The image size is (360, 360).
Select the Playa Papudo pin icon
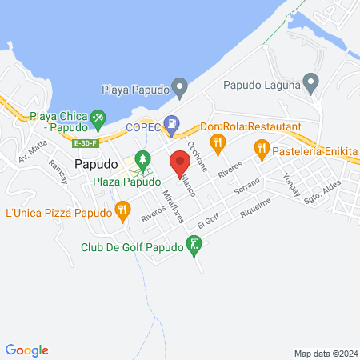[x=180, y=85]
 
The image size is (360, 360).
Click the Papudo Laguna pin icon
[x=311, y=82]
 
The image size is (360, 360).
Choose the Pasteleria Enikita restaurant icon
[x=261, y=148]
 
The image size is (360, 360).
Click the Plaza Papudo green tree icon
[x=143, y=161]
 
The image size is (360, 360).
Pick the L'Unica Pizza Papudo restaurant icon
[x=122, y=212]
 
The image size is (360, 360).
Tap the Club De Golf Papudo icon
[x=193, y=246]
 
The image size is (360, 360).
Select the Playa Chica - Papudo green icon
[x=98, y=119]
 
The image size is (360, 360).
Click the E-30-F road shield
[x=84, y=143]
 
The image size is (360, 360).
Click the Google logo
[x=26, y=350]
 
